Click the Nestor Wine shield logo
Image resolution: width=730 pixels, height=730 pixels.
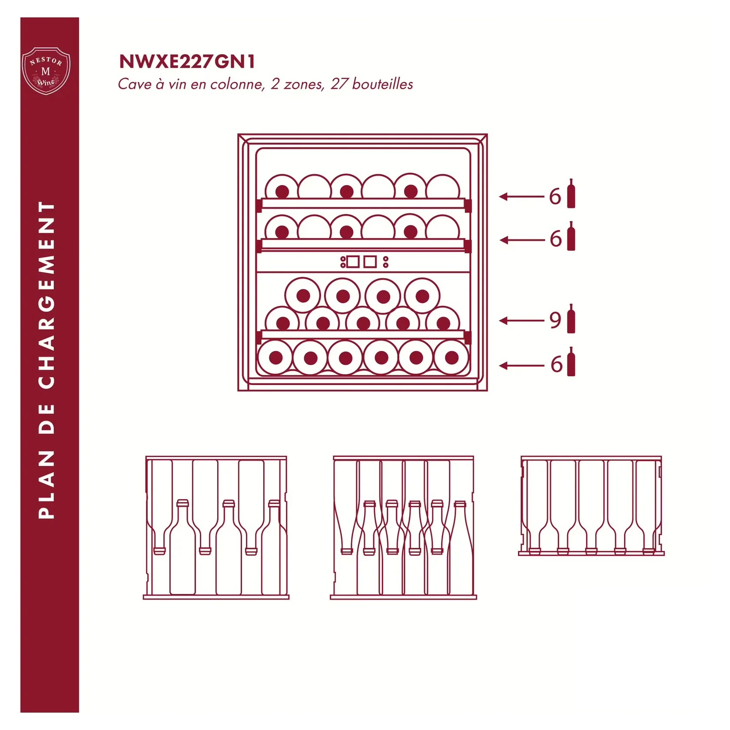point(46,71)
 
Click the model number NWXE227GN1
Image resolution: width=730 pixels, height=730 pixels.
point(187,62)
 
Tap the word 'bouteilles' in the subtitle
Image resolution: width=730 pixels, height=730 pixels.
point(382,84)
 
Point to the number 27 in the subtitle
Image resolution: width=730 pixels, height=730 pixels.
point(339,84)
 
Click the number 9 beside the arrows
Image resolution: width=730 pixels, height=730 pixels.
point(555,320)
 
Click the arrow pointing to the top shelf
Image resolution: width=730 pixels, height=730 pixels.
point(521,197)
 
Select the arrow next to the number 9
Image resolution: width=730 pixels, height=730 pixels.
point(521,321)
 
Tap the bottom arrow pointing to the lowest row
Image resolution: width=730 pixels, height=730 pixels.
point(521,366)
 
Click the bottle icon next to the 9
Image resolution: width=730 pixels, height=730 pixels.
point(571,319)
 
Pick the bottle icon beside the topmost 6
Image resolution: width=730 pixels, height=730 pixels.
point(571,193)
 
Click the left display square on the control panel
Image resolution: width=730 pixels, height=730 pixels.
point(353,262)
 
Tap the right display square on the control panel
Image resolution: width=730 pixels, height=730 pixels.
point(370,262)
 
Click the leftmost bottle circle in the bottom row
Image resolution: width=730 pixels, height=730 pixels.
point(275,358)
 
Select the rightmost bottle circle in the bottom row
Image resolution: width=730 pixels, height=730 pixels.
point(451,358)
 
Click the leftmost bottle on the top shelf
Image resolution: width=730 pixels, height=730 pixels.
point(282,187)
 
